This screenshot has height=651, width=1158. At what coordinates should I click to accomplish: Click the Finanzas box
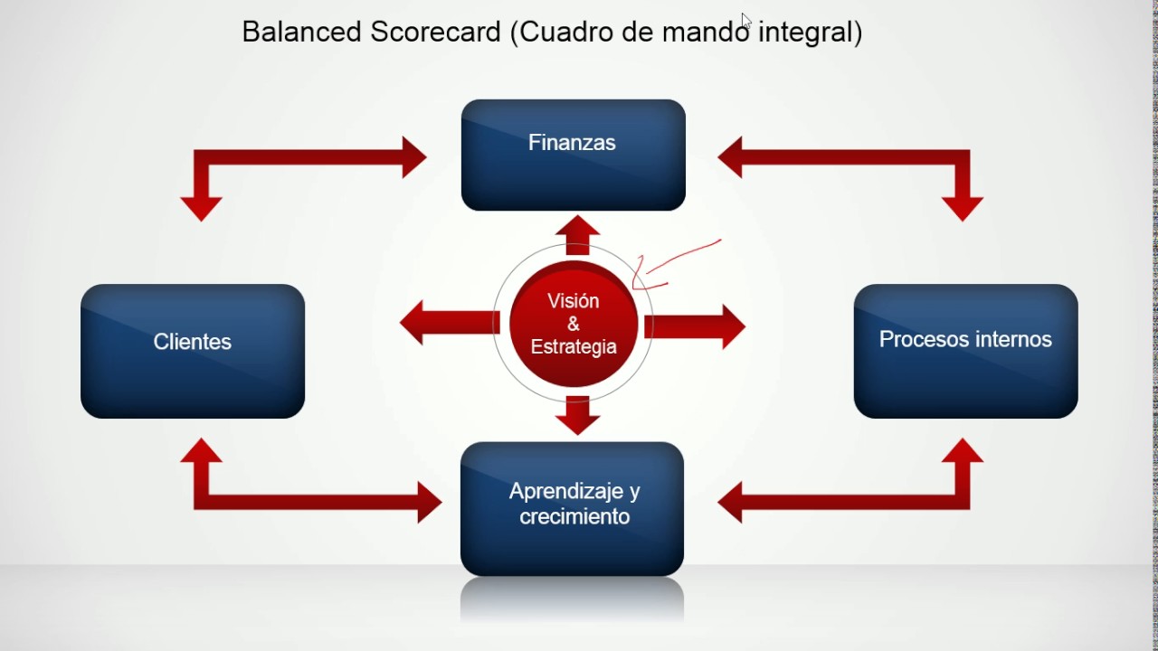pos(573,155)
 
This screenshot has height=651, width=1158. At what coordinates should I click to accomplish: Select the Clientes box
pos(193,351)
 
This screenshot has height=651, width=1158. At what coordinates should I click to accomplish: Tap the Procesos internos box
pos(965,351)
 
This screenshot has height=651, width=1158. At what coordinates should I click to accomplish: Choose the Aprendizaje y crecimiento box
pos(572,508)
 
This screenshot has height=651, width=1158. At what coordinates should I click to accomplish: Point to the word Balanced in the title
pos(295,33)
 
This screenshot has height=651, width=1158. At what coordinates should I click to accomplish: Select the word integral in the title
pos(809,33)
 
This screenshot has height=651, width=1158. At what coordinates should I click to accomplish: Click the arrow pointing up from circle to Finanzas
pos(577,235)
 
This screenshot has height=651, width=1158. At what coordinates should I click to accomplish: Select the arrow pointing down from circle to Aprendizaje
pos(577,414)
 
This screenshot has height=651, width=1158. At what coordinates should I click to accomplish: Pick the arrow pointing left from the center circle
pos(447,323)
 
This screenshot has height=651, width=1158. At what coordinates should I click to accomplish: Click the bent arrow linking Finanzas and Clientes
pos(299,158)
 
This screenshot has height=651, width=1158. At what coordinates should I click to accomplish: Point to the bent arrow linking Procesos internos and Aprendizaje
pos(859,501)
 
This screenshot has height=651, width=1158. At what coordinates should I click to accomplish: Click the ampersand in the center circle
pos(574,325)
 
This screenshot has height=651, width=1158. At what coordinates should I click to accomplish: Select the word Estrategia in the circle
pos(574,346)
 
